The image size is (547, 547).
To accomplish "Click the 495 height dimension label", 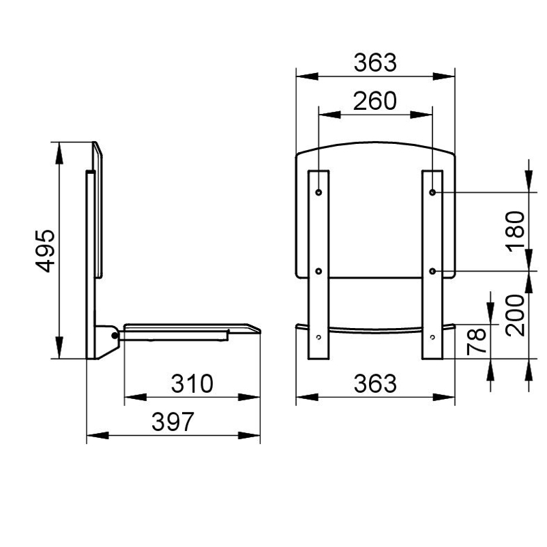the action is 45,250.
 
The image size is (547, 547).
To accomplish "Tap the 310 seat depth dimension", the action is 192,383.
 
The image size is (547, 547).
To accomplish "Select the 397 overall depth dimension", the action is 173,422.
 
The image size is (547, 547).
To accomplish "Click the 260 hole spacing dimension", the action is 375,101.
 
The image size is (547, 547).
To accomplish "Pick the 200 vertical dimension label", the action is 515,315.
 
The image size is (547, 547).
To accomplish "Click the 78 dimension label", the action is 476,341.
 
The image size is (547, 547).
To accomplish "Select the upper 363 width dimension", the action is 375,63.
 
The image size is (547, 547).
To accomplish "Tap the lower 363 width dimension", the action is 375,383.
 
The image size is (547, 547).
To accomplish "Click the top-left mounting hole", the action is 319,192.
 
